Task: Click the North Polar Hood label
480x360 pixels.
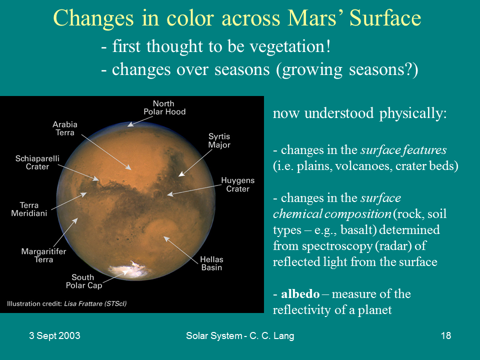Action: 164,107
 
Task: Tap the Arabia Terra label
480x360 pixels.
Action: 65,128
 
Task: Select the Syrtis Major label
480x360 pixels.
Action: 219,140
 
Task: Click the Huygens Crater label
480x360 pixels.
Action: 237,184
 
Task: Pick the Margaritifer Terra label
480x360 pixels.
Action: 43,255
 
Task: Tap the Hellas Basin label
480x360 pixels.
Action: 211,263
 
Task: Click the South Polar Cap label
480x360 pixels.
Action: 83,281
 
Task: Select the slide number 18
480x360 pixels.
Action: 446,336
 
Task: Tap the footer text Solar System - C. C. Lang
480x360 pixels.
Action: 239,336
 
